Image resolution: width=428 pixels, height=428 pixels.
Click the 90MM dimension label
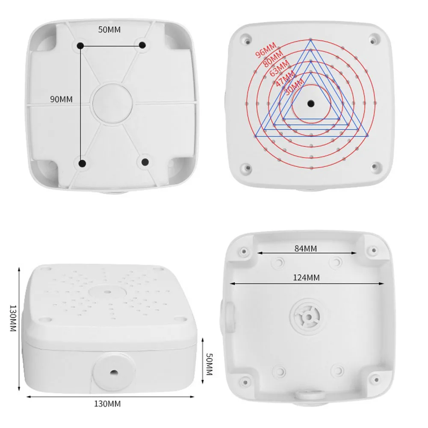(61, 99)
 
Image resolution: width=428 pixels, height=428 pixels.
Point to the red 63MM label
(279, 68)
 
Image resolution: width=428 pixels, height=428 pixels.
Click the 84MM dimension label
(306, 248)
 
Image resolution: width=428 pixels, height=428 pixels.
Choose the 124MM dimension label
(306, 277)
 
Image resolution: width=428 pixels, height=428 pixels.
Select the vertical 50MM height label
(209, 363)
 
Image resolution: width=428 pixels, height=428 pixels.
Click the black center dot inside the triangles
(311, 103)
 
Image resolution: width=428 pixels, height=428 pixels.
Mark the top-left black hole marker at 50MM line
(80, 45)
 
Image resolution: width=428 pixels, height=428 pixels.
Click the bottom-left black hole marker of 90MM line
(82, 163)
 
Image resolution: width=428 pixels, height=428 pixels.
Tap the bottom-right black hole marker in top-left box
(145, 162)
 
